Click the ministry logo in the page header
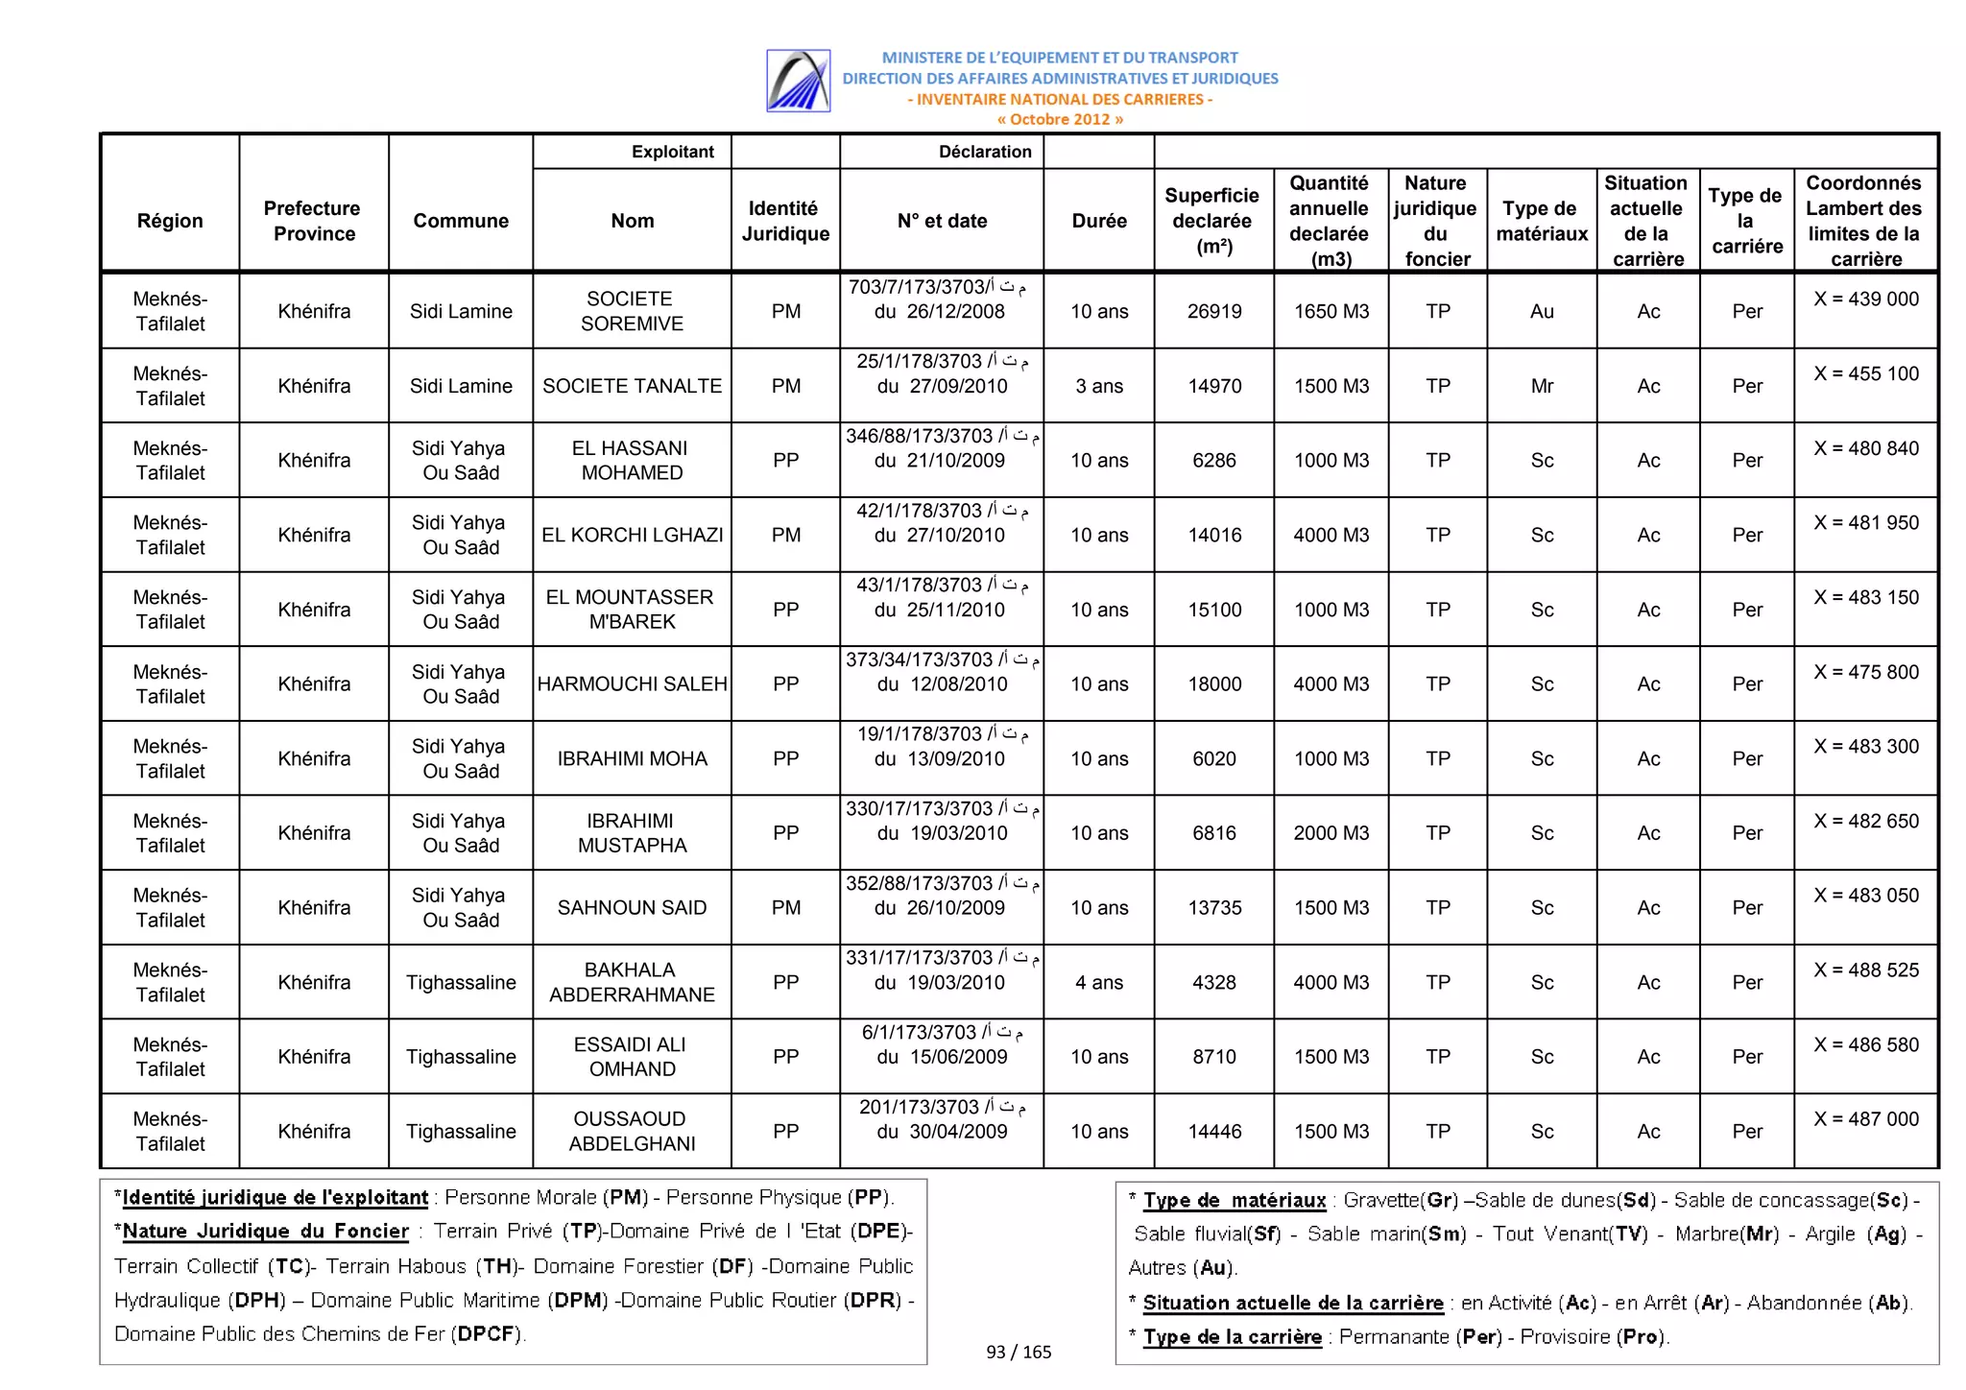tap(798, 81)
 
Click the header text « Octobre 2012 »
tap(1060, 120)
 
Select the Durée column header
tap(1099, 221)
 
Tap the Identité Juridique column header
tap(785, 221)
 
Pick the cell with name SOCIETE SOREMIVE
tap(632, 311)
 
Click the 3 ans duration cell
tap(1099, 386)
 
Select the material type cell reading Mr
tap(1542, 386)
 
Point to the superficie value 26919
tap(1214, 311)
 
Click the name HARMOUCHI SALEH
tap(632, 683)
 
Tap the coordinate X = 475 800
tap(1865, 672)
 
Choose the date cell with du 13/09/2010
tap(940, 758)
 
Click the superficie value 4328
tap(1214, 982)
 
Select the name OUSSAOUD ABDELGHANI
tap(632, 1131)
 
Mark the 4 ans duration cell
tap(1099, 982)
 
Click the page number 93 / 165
tap(1019, 1352)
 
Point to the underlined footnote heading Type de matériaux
tap(1235, 1200)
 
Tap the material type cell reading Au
tap(1542, 311)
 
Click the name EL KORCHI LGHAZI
tap(632, 535)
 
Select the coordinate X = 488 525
tap(1865, 970)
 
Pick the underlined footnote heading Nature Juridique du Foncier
tap(266, 1231)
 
